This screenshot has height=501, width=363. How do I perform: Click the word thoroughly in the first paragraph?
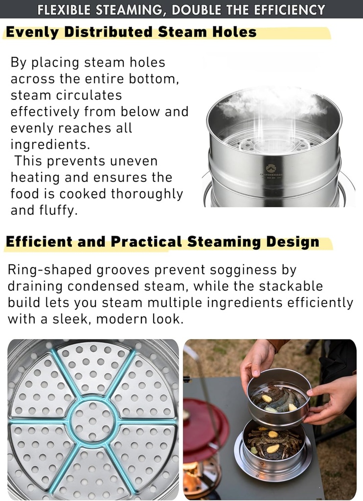pyautogui.click(x=147, y=194)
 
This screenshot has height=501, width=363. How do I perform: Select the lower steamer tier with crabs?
pyautogui.click(x=274, y=443)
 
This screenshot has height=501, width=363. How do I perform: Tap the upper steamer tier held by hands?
pyautogui.click(x=279, y=396)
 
